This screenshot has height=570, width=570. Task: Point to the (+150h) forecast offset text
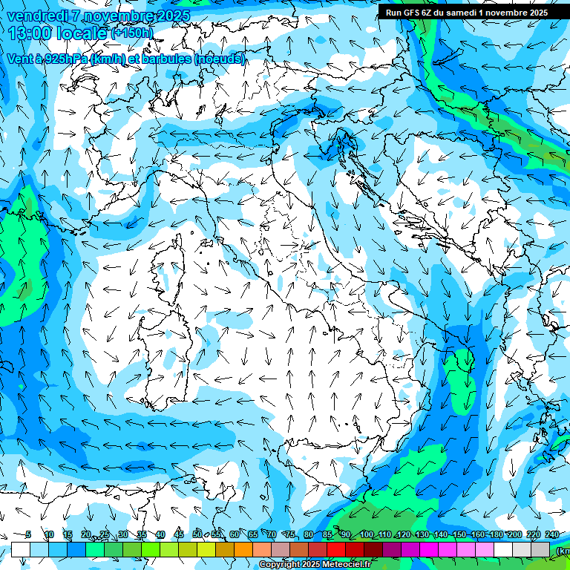point(133,33)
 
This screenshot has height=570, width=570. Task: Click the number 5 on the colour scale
point(28,534)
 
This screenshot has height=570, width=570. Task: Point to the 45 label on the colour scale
point(179,534)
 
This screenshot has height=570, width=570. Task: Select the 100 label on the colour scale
point(367,534)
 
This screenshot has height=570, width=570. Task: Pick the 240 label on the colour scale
point(552,534)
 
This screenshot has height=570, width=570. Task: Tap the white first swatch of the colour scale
point(21,549)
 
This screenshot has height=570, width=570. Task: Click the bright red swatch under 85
point(336,549)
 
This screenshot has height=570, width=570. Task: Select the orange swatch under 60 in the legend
point(243,549)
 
